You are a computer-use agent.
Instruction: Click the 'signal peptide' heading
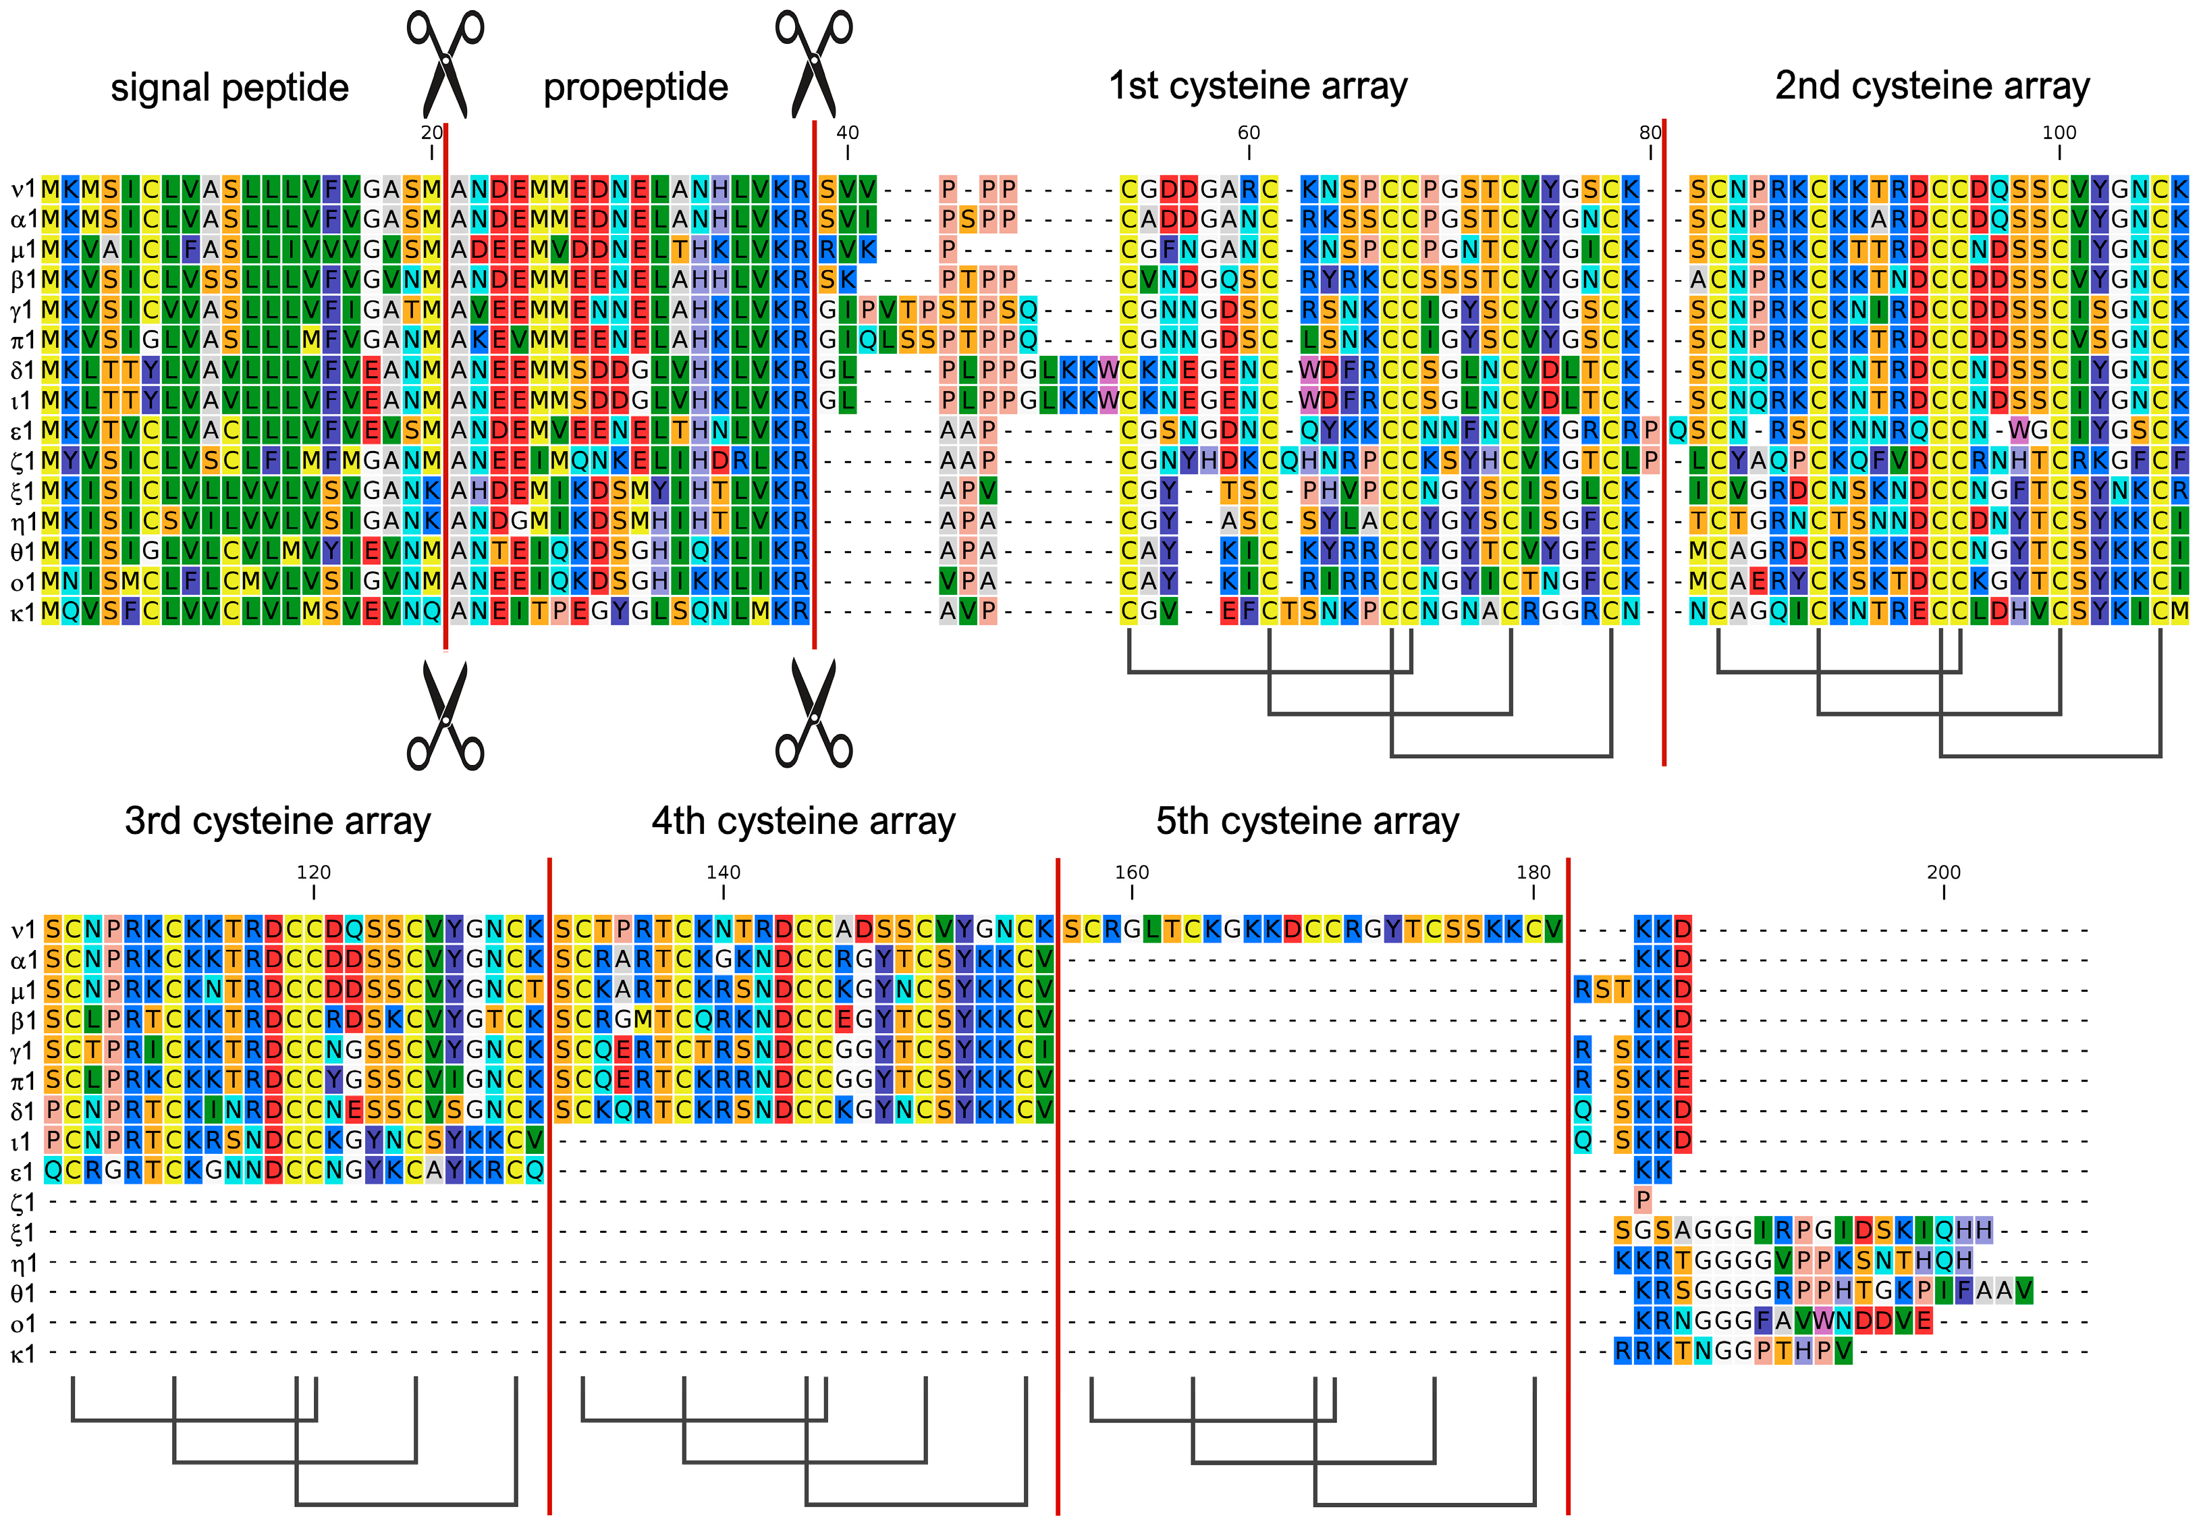point(229,88)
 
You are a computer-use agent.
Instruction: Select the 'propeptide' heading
point(636,88)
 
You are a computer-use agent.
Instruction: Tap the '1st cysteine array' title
point(1258,86)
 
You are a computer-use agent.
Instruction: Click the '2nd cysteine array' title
point(1932,86)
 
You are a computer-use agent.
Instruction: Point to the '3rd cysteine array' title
point(277,821)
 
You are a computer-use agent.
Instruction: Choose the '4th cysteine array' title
point(803,821)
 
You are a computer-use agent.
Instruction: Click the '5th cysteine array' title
point(1307,821)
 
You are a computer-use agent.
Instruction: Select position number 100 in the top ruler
point(2059,133)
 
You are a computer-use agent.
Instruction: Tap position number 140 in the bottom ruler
point(723,872)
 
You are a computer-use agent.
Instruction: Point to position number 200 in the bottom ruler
point(1943,872)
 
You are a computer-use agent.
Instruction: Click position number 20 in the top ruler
point(432,133)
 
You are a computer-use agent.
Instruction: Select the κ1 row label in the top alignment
point(23,612)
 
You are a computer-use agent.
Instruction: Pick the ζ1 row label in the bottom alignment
point(23,1202)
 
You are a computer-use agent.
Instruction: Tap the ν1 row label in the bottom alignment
point(23,929)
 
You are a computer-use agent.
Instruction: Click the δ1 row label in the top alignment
point(23,371)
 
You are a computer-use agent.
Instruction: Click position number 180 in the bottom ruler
point(1533,872)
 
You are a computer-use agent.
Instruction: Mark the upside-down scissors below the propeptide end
point(813,713)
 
